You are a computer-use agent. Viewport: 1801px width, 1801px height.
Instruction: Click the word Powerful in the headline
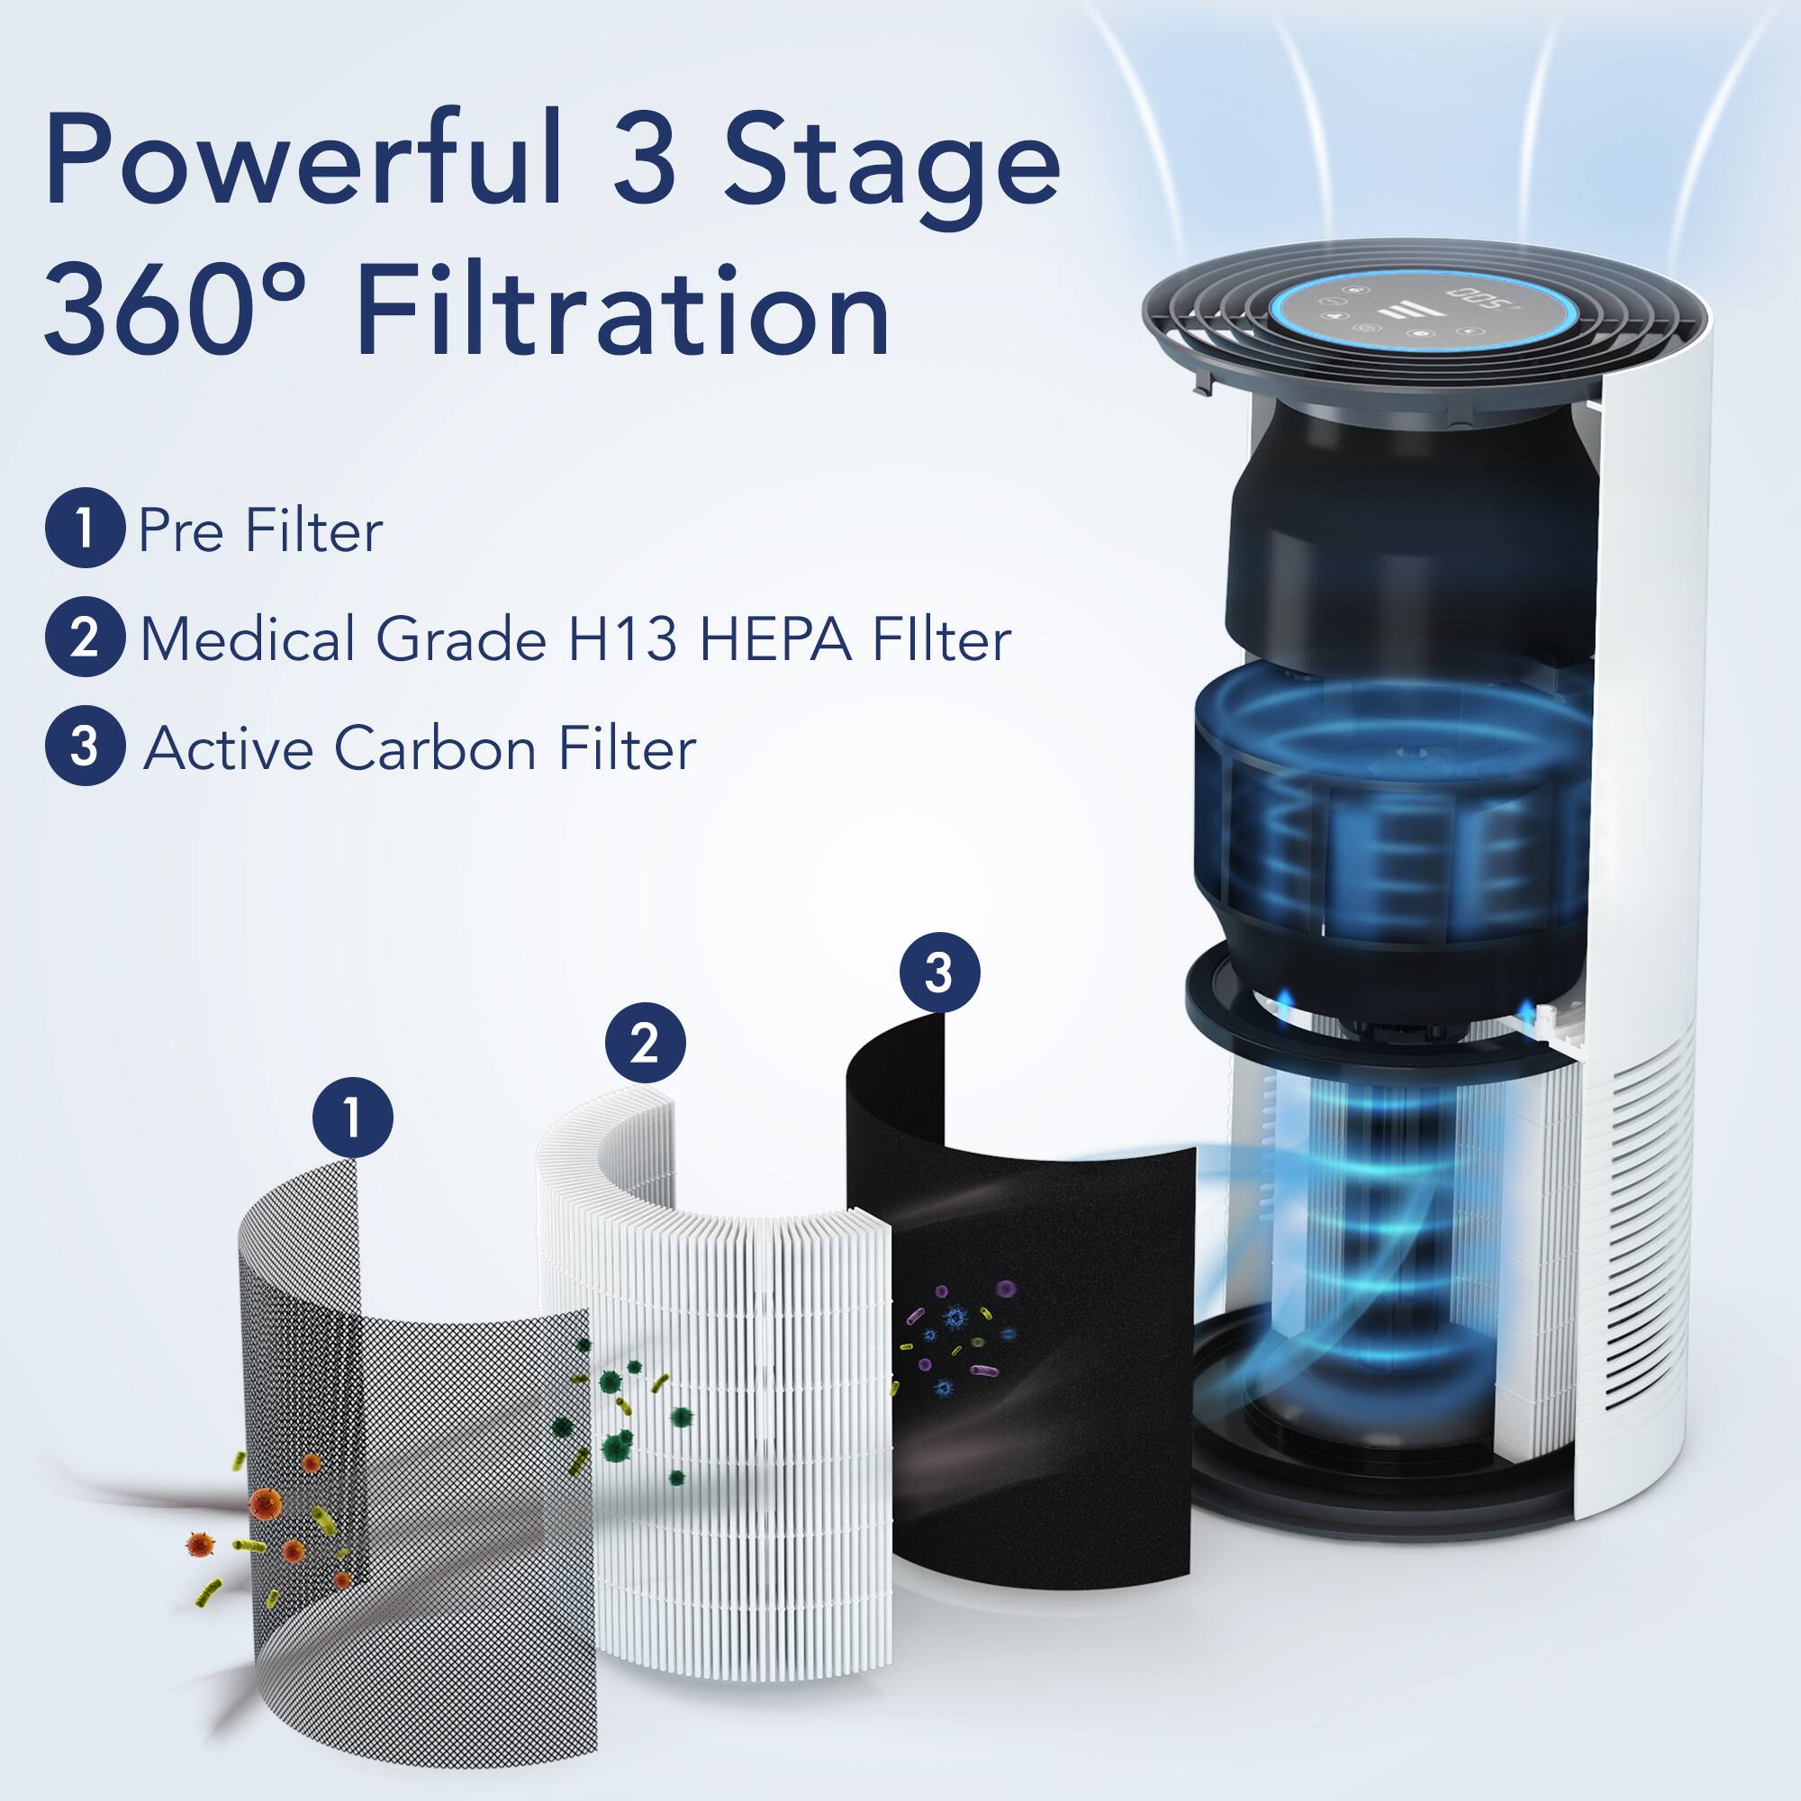pyautogui.click(x=303, y=158)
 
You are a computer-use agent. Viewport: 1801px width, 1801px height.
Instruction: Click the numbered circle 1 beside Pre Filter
pyautogui.click(x=84, y=528)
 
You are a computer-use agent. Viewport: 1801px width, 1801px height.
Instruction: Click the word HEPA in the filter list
pyautogui.click(x=774, y=639)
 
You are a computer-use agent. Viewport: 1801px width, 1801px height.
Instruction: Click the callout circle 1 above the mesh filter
pyautogui.click(x=352, y=1117)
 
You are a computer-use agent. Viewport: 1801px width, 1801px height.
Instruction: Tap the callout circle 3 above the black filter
pyautogui.click(x=938, y=973)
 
